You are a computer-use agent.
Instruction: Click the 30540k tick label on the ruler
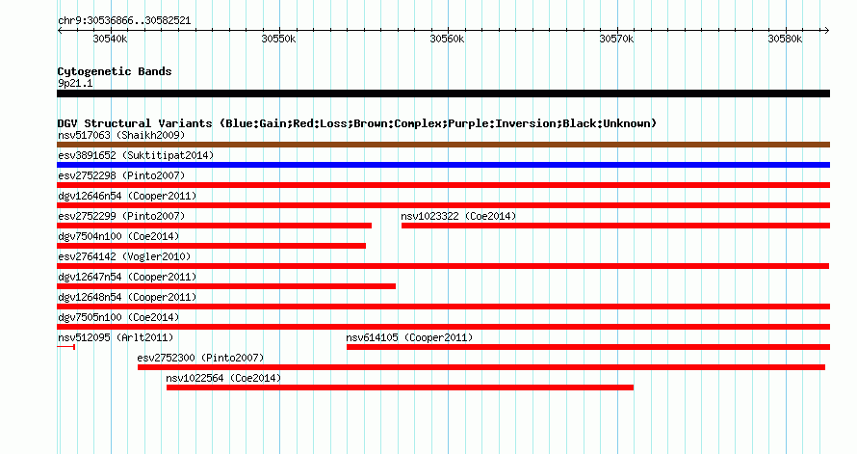tap(111, 39)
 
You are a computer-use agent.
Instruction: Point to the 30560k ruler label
tap(447, 39)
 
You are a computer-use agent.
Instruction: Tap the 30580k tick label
tap(785, 39)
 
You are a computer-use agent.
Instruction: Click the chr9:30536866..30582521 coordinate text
tap(124, 21)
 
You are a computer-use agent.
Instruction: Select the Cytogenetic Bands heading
tap(115, 71)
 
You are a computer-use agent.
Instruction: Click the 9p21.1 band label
tap(75, 83)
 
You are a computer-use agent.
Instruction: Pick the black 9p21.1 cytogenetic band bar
tap(443, 93)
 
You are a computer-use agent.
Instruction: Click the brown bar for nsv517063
tap(443, 145)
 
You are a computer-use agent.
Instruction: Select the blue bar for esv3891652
tap(443, 165)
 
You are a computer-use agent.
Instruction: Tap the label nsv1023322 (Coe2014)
tap(458, 216)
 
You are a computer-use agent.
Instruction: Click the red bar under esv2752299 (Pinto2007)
tap(214, 226)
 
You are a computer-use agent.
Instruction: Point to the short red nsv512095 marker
tap(65, 347)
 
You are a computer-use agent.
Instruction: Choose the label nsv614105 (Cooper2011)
tap(409, 337)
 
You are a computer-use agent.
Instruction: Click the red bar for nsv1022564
tap(400, 387)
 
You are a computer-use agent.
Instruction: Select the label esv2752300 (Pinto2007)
tap(200, 358)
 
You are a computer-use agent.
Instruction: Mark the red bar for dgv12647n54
tap(226, 286)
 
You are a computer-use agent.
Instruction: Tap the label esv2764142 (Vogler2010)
tap(124, 256)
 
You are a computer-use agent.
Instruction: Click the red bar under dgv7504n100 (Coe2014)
tap(212, 246)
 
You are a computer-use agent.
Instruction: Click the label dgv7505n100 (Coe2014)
tap(118, 317)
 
